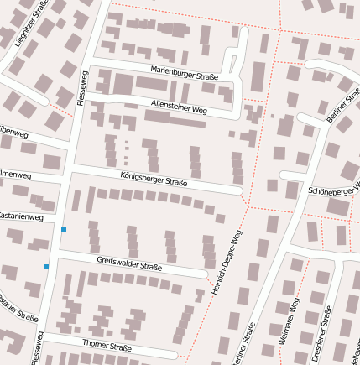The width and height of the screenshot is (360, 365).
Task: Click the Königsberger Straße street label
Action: (154, 179)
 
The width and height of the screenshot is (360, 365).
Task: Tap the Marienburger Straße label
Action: (184, 73)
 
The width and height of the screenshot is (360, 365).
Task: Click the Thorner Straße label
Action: (107, 346)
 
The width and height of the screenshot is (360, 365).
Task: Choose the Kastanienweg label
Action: (20, 216)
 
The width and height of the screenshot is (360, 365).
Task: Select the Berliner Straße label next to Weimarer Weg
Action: (244, 346)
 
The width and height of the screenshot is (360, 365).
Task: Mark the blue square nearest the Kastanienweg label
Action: (64, 228)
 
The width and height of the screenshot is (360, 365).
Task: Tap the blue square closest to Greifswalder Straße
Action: (46, 267)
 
